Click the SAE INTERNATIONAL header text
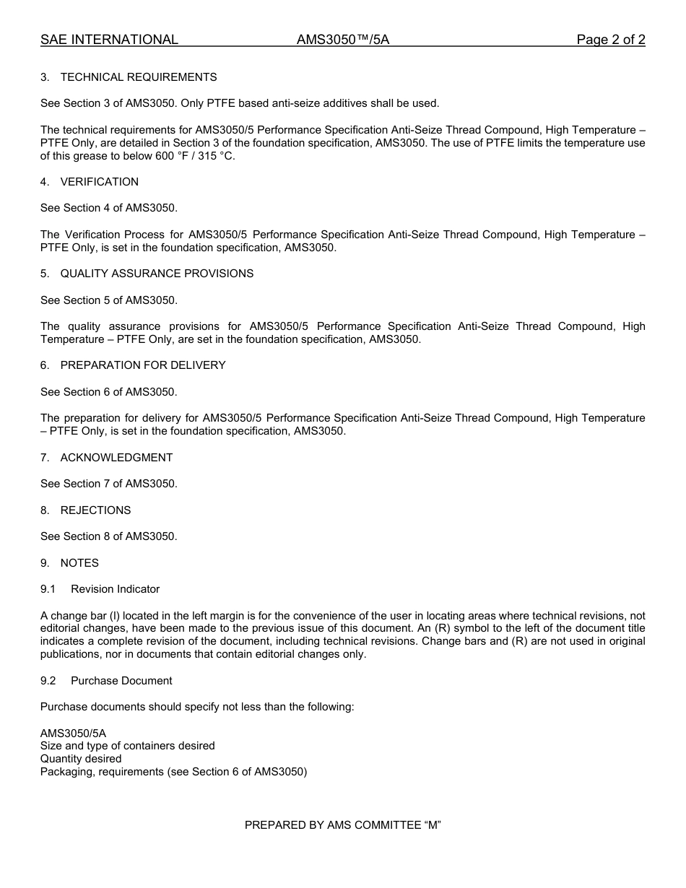[109, 40]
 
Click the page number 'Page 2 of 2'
[610, 40]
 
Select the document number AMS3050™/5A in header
[342, 40]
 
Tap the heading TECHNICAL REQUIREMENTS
[138, 77]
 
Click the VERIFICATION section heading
[99, 182]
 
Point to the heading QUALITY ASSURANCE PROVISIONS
[157, 274]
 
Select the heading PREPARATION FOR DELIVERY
[142, 365]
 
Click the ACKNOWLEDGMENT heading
[116, 458]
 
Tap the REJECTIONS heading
[95, 510]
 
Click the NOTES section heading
[79, 563]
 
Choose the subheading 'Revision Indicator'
[115, 589]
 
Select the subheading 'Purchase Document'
[121, 681]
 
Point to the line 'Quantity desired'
[81, 759]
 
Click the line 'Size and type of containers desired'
[127, 746]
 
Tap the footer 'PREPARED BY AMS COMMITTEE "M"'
[342, 825]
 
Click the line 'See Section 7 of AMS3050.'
[108, 484]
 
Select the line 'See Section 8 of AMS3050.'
[108, 536]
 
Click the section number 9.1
[48, 589]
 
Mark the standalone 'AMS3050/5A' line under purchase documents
[73, 733]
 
